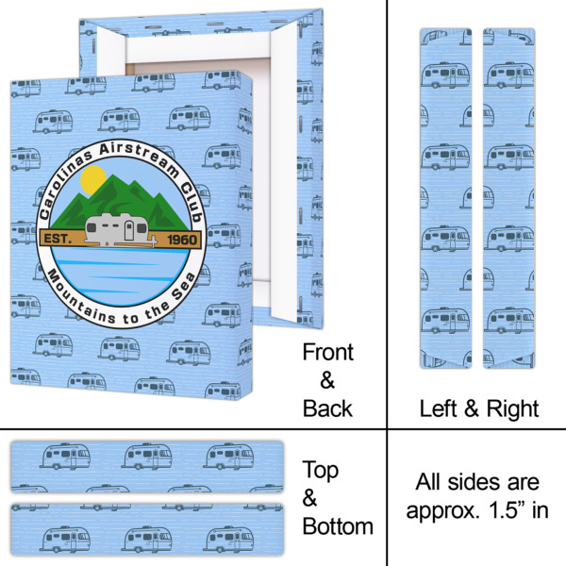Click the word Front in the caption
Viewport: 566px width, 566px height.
[x=327, y=353]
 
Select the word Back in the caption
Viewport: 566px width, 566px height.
[x=327, y=408]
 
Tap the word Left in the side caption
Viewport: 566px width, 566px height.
[x=440, y=408]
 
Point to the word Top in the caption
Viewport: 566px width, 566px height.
[x=320, y=470]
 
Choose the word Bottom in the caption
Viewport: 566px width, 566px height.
[x=338, y=525]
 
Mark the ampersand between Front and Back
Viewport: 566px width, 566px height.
[x=327, y=380]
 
